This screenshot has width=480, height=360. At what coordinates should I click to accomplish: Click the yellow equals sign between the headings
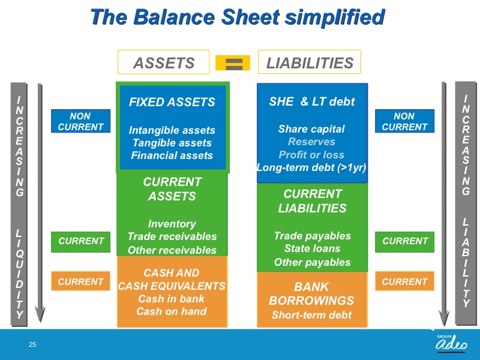[x=233, y=63]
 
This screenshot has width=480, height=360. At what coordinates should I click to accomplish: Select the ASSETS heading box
[x=163, y=62]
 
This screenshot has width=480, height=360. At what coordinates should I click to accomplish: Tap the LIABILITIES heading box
[x=310, y=62]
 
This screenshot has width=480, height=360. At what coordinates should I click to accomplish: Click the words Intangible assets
[x=172, y=130]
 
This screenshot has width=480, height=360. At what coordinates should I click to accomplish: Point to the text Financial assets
[x=172, y=155]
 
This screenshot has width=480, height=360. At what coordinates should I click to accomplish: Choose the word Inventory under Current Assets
[x=172, y=224]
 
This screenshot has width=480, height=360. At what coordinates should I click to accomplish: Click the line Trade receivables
[x=172, y=236]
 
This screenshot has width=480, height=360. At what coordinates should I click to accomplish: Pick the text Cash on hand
[x=172, y=311]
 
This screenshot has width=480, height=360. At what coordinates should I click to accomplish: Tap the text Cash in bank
[x=172, y=298]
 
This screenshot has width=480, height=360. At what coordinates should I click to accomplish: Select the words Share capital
[x=311, y=129]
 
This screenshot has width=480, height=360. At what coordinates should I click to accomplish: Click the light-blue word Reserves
[x=311, y=142]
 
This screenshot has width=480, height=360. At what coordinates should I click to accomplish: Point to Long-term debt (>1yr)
[x=311, y=167]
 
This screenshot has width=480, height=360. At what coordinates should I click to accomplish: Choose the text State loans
[x=312, y=248]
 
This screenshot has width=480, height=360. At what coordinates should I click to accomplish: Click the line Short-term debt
[x=311, y=315]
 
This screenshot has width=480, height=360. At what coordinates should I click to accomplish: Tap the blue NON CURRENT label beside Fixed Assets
[x=80, y=121]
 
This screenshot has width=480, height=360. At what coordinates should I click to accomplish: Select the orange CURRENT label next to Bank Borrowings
[x=404, y=281]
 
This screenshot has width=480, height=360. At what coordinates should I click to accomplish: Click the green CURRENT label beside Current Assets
[x=80, y=242]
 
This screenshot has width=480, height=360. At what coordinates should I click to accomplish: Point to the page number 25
[x=32, y=344]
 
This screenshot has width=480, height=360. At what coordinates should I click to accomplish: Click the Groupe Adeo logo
[x=452, y=343]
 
